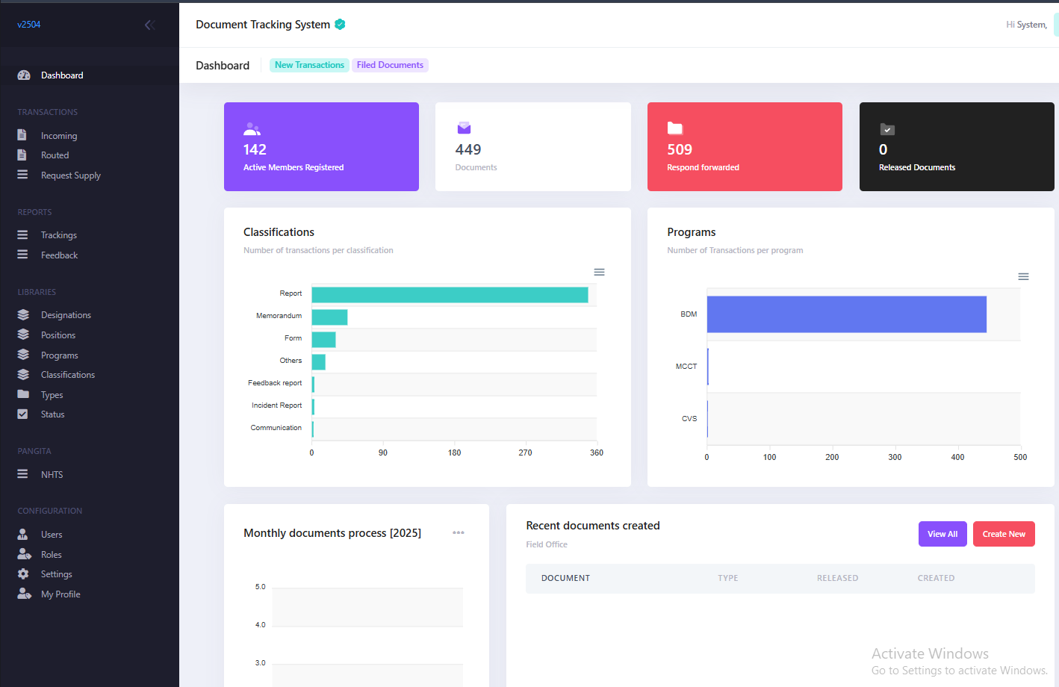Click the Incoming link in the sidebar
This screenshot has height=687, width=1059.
(x=58, y=136)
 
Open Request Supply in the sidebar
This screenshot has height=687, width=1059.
(x=70, y=175)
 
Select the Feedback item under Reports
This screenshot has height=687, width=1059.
(x=59, y=255)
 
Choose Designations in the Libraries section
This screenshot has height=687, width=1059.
(x=66, y=315)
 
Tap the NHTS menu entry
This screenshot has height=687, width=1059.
(x=52, y=475)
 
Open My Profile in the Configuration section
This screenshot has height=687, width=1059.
(x=60, y=594)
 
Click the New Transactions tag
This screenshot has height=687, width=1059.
(x=309, y=65)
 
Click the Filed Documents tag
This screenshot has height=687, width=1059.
(x=390, y=65)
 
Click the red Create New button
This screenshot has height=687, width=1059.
(x=1004, y=534)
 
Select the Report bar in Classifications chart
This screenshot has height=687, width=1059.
(x=450, y=295)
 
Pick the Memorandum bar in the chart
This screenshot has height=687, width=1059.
(x=329, y=317)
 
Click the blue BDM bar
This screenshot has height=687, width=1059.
(x=846, y=314)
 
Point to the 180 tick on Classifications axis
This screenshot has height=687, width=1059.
(x=454, y=453)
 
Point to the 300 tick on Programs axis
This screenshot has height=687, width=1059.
(x=895, y=457)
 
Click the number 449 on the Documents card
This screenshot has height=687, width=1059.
(x=468, y=149)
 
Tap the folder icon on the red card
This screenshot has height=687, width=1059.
(x=675, y=128)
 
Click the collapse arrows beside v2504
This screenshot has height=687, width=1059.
(x=149, y=25)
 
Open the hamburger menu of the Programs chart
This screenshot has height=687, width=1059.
(x=1023, y=276)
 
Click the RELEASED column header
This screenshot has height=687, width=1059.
(x=837, y=578)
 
